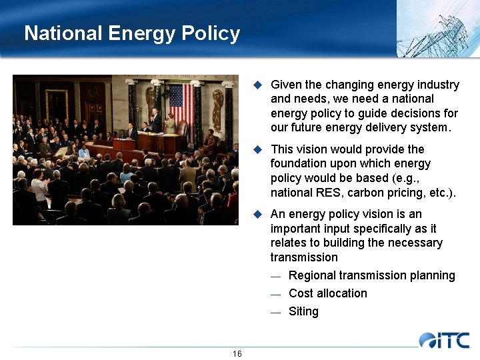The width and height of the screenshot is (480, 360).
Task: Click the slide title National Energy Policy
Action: click(x=132, y=33)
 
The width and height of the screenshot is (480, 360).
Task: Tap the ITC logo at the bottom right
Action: click(x=444, y=340)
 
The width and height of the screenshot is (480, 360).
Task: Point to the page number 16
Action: click(x=237, y=353)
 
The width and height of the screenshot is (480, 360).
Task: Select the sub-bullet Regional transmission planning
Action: click(x=371, y=275)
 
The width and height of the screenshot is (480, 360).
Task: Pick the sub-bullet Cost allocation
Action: click(x=327, y=293)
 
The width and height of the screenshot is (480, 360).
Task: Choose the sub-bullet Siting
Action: click(x=303, y=311)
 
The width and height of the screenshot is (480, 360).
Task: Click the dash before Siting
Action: click(x=276, y=312)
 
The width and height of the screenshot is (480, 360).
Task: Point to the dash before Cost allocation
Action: click(x=276, y=294)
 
